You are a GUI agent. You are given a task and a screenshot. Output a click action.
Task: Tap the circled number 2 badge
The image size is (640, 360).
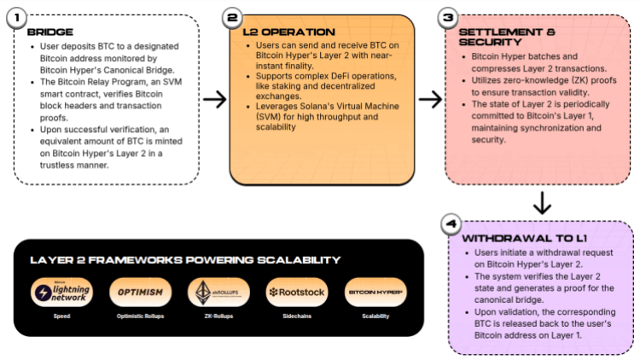232,18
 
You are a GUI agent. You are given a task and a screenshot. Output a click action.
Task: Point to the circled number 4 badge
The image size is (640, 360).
452,224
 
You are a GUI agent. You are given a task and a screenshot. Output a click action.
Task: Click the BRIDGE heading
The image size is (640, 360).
50,32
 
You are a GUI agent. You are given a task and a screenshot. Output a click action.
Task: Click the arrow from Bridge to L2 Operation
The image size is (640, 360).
214,100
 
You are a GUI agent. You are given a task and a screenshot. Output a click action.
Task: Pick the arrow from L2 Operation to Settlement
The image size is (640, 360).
430,100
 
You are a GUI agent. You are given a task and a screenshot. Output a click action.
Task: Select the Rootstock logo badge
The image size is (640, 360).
296,293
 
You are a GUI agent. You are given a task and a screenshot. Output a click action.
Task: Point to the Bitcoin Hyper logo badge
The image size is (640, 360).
375,293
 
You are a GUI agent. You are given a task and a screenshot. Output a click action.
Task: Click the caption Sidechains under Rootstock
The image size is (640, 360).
295,316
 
